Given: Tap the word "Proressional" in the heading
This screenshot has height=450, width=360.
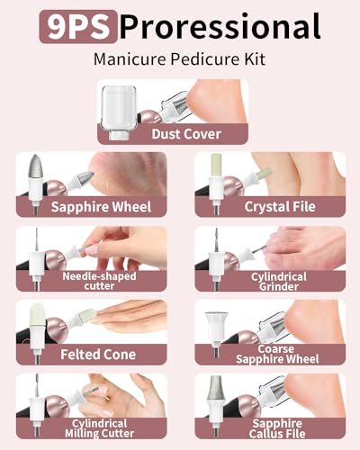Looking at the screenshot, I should click(x=220, y=27).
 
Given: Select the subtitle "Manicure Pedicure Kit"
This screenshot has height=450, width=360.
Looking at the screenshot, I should click(x=180, y=60).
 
